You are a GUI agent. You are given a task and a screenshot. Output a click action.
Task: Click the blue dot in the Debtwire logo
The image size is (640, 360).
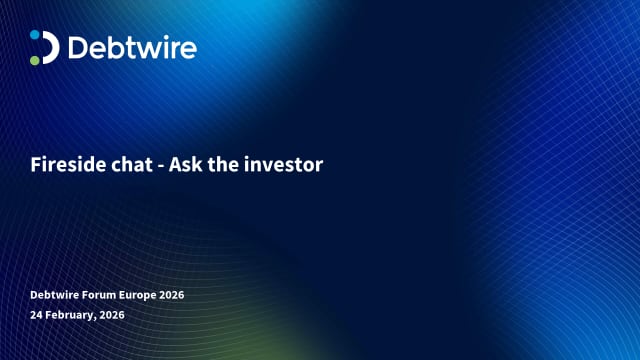tap(35, 35)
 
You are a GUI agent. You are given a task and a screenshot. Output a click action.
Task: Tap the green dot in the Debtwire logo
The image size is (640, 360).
tap(35, 60)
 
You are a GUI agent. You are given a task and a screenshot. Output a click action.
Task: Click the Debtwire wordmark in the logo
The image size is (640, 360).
tap(132, 47)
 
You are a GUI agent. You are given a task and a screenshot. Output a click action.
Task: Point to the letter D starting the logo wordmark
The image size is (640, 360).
tap(78, 47)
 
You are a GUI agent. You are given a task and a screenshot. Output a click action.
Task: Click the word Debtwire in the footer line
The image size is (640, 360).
tap(54, 295)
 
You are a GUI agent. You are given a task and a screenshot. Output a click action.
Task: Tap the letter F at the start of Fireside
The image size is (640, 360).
tap(34, 165)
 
